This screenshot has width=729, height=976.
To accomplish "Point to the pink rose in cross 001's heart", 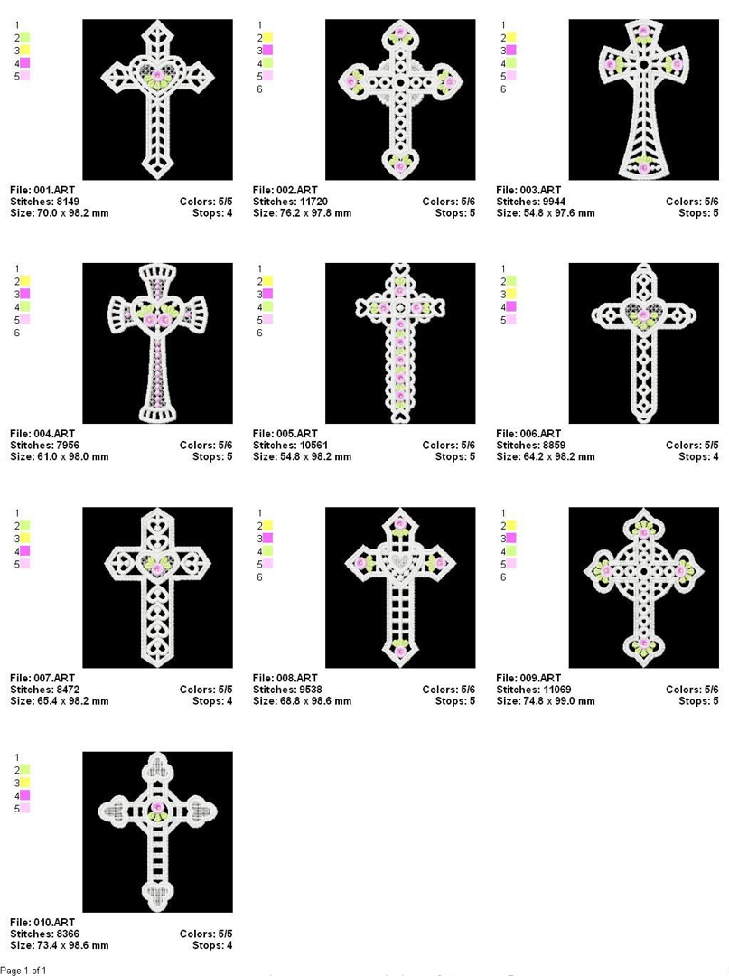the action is (158, 75).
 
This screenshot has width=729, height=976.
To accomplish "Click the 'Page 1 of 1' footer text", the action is (23, 970).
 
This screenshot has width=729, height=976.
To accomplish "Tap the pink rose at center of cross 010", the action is (158, 807).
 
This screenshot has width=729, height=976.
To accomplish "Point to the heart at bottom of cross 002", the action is (400, 162).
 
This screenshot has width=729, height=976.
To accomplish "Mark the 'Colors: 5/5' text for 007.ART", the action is (206, 690).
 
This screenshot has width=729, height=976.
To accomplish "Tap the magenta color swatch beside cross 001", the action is (24, 63).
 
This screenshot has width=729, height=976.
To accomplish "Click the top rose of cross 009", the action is (644, 533).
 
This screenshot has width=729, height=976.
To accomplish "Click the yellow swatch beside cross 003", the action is (510, 37).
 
